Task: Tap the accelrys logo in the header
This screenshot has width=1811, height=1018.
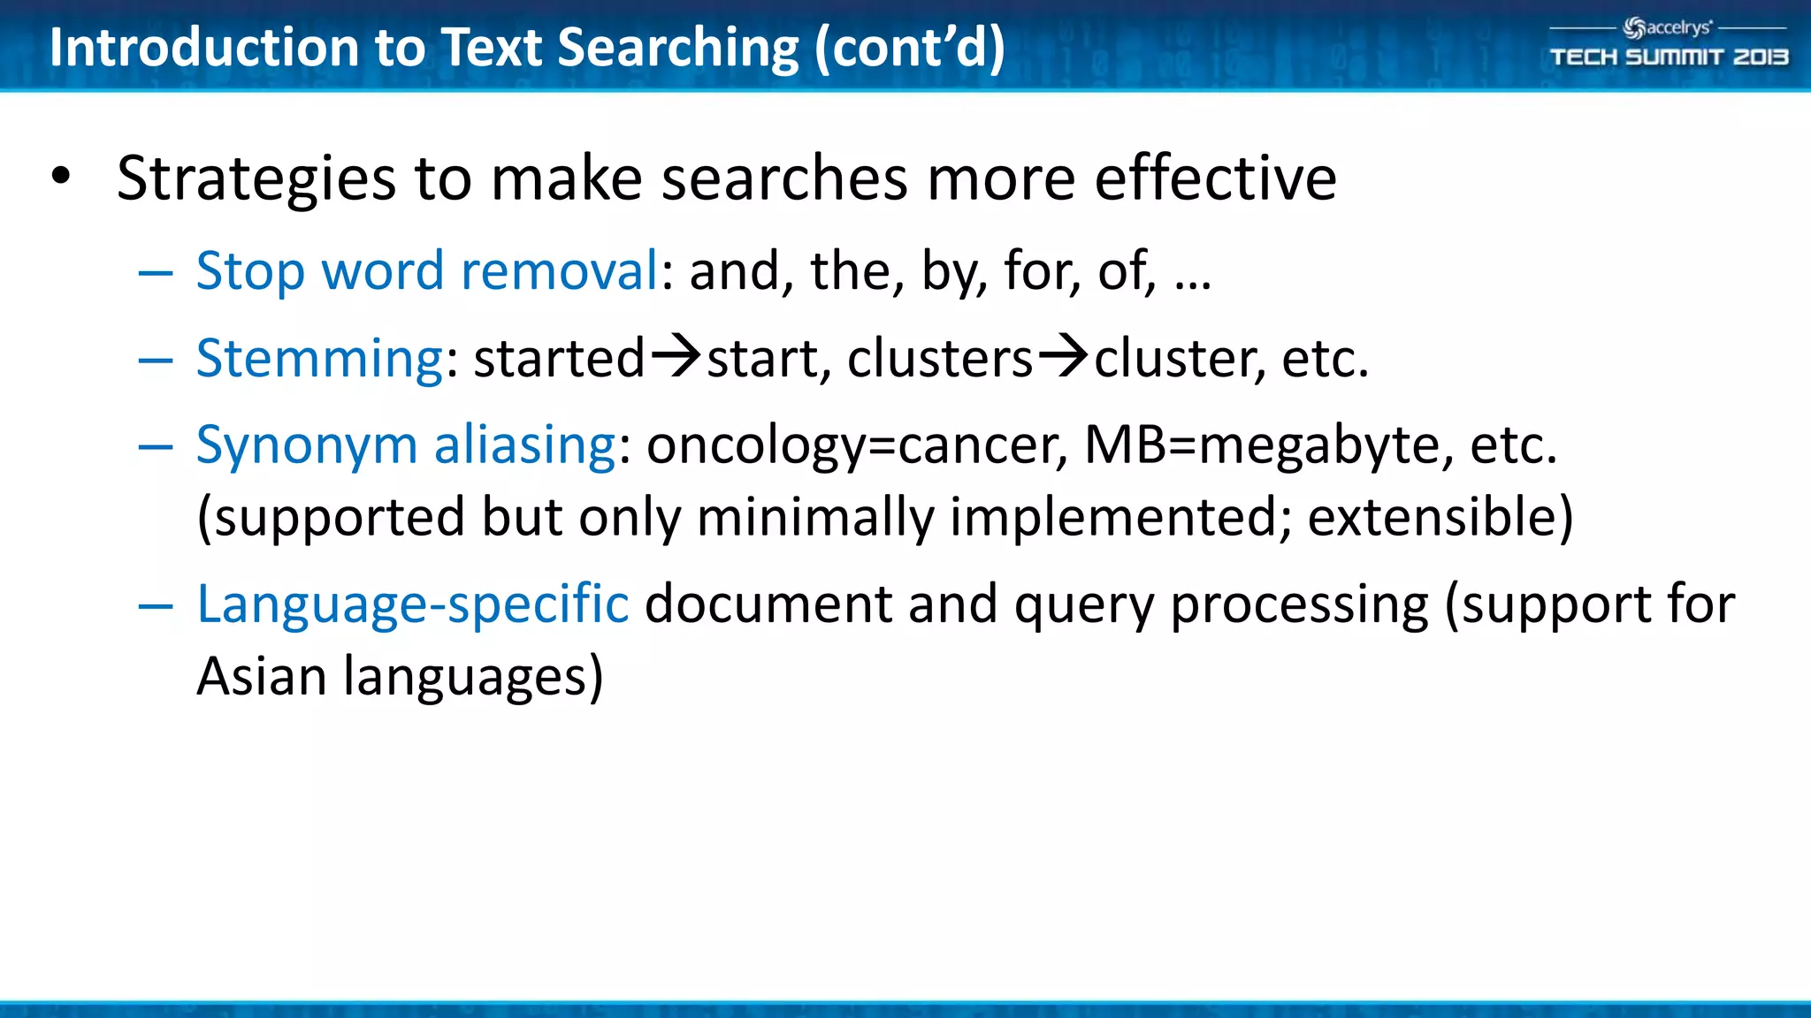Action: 1668,28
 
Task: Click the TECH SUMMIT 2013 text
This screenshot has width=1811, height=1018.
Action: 1669,57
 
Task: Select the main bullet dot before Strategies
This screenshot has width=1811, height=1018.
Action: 60,176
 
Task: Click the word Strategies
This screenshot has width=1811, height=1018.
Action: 256,179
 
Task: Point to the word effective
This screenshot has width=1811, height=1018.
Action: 1215,178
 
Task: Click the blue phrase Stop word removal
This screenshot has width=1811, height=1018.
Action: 427,270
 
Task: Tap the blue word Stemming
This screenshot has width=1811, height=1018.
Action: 319,359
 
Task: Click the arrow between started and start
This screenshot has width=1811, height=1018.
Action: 676,357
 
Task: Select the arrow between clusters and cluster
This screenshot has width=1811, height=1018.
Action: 1063,357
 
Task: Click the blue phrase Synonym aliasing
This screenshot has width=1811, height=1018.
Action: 405,444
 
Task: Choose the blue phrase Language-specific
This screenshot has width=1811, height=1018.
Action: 412,604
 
